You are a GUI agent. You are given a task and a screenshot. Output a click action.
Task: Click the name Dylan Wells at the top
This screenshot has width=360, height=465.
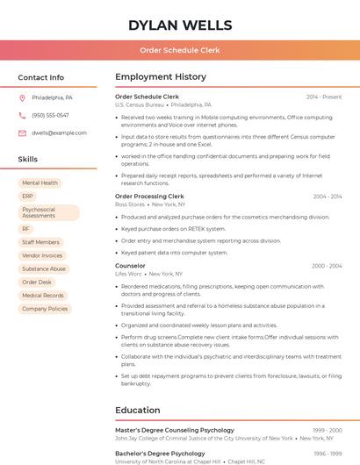point(180,25)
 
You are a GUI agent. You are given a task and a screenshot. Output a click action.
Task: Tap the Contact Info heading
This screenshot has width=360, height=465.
point(41,77)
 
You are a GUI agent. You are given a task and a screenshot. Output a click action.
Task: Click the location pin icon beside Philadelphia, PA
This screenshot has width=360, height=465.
point(22,97)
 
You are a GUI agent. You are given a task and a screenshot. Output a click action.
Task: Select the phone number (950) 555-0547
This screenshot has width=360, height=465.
point(50,115)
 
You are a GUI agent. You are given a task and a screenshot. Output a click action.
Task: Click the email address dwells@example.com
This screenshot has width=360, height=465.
point(59,132)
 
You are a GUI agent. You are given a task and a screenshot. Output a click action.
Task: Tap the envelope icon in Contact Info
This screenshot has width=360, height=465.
point(22,132)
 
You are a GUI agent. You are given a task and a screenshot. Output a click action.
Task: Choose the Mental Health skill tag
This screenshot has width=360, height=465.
point(40,183)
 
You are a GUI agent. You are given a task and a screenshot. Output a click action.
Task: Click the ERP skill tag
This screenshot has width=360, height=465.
point(27,197)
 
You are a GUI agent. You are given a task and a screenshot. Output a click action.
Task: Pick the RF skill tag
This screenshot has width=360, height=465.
point(26,229)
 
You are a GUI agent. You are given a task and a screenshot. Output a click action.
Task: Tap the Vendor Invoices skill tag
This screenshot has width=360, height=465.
point(42,255)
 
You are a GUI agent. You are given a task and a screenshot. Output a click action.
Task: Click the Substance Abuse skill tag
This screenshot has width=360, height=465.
point(44,269)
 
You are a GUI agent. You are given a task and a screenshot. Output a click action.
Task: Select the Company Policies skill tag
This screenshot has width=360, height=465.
point(45,309)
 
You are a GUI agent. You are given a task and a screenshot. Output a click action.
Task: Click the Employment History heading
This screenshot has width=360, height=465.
point(161,77)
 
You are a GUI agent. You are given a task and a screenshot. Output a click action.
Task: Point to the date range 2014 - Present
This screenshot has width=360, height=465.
point(324,97)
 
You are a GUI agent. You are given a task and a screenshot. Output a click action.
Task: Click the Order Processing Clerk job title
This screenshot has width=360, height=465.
point(149,197)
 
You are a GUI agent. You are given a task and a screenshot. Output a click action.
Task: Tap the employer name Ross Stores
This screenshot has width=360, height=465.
point(129,204)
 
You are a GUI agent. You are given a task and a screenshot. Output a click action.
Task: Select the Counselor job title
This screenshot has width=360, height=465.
point(130,265)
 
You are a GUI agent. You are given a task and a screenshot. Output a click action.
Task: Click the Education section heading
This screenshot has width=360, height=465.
point(137,410)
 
